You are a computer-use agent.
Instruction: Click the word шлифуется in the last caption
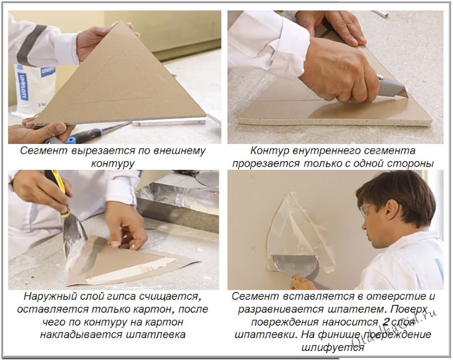pos(332,347)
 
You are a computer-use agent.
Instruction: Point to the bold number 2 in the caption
pos(386,322)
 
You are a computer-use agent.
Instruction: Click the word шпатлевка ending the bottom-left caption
pos(156,335)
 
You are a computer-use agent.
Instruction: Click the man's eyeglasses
pos(366,211)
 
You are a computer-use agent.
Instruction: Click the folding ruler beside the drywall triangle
pos(169,121)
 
